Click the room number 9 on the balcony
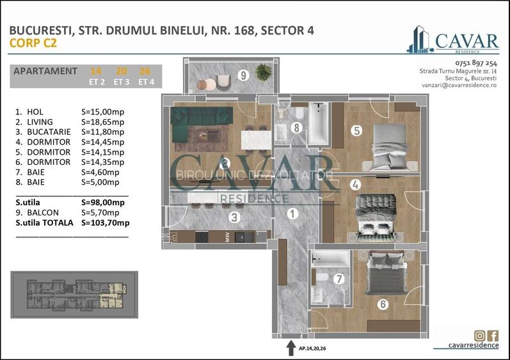243,75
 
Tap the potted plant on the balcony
264,72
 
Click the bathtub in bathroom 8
319,123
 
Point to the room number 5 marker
356,130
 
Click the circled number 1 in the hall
292,214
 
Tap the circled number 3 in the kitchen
234,217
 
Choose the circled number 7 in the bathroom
339,278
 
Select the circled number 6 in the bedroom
383,304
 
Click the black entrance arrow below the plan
291,348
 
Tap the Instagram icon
480,335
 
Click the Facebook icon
493,335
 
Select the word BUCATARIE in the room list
49,132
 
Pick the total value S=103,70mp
106,223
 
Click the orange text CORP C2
33,43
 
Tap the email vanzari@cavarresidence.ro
459,85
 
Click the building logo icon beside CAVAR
420,39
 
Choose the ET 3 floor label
122,82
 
